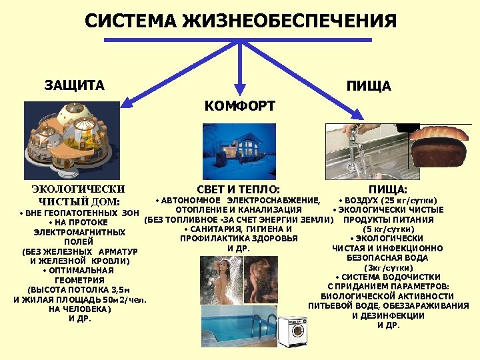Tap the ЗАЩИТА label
point(75,85)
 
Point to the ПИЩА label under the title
point(369,86)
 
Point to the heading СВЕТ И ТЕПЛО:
point(239,189)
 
